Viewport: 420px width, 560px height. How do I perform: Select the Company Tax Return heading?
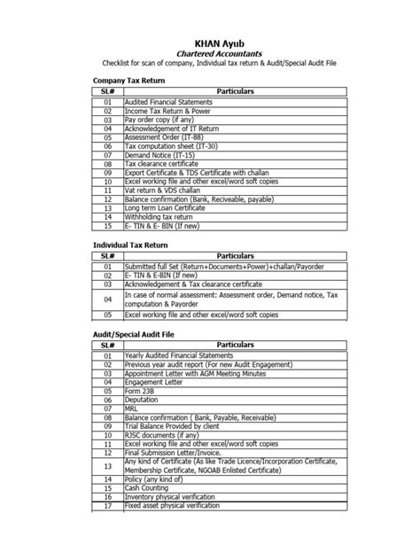(131, 80)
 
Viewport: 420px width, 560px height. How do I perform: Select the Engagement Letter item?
(156, 384)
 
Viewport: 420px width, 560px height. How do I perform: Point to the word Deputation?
(144, 401)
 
